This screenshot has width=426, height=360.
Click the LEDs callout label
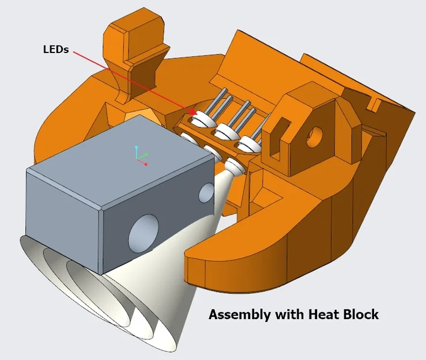tap(56, 50)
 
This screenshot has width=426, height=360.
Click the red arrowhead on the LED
tap(192, 111)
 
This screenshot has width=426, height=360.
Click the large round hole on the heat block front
tap(142, 233)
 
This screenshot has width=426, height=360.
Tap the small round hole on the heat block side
tap(206, 193)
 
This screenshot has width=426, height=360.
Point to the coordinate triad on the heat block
tap(140, 156)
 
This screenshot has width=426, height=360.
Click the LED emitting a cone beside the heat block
tap(235, 168)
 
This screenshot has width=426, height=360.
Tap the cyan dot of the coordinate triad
tap(137, 147)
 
